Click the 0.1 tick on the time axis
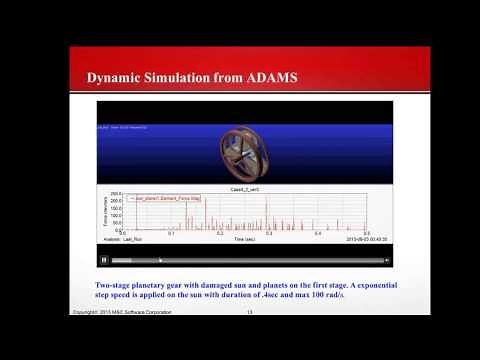[x=171, y=234]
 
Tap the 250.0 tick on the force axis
[x=114, y=194]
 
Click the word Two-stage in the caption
[x=111, y=285]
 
